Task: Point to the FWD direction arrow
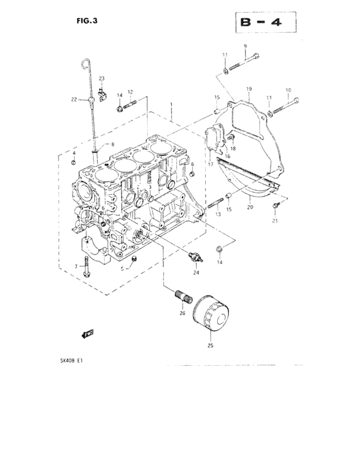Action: pyautogui.click(x=87, y=333)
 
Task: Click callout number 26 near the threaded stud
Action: pyautogui.click(x=182, y=313)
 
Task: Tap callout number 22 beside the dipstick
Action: pyautogui.click(x=74, y=100)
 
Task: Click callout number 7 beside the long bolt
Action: pyautogui.click(x=76, y=265)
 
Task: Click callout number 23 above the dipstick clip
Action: pyautogui.click(x=102, y=78)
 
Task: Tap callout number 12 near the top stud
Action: pyautogui.click(x=130, y=92)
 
